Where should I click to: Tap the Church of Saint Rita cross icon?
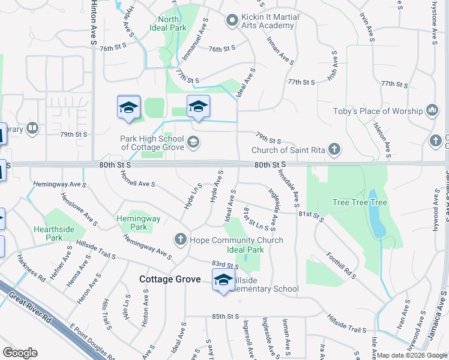335,150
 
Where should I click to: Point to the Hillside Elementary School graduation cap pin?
223,280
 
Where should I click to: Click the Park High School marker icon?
193,142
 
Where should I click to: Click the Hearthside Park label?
54,233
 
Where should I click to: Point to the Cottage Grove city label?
170,279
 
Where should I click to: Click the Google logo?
20,352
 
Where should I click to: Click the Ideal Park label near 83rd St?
245,250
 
